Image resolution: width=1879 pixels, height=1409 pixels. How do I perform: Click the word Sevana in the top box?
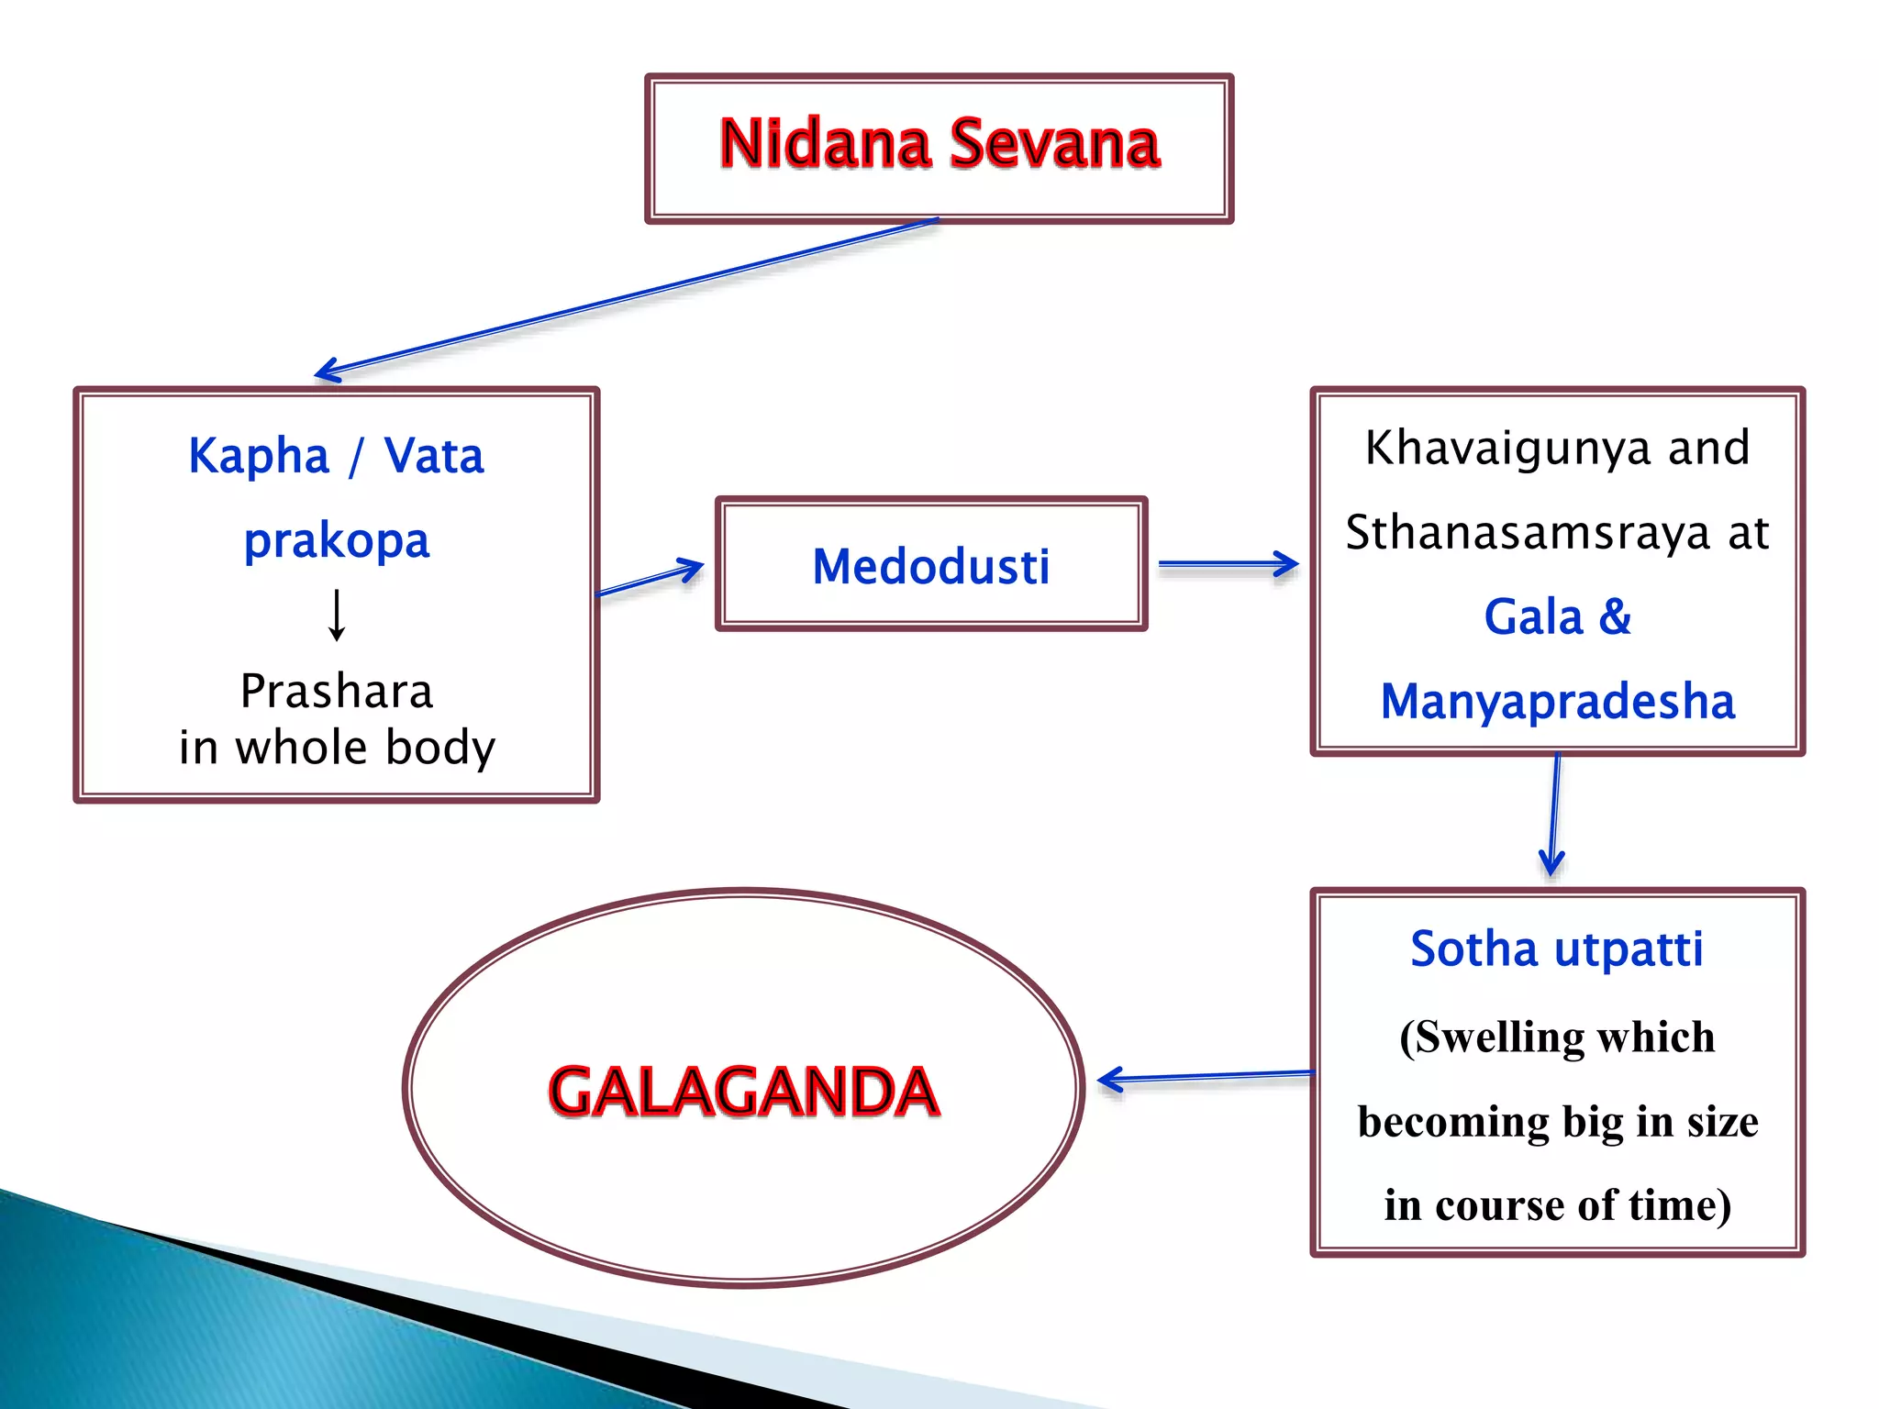pyautogui.click(x=1055, y=145)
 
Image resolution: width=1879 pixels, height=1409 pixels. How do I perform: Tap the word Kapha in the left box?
pyautogui.click(x=259, y=456)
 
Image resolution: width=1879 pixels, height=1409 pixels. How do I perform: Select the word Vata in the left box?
pyautogui.click(x=434, y=456)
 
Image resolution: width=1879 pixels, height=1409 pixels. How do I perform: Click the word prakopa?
pyautogui.click(x=337, y=540)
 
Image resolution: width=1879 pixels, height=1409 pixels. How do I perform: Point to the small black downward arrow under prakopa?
pyautogui.click(x=337, y=615)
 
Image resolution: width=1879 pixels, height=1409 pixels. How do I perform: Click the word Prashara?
pyautogui.click(x=337, y=691)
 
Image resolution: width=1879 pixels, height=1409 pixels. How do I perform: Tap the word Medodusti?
pyautogui.click(x=930, y=566)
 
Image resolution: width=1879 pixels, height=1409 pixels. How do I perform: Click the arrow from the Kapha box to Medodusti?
pyautogui.click(x=650, y=580)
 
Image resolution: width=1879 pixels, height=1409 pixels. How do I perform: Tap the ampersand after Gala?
pyautogui.click(x=1615, y=616)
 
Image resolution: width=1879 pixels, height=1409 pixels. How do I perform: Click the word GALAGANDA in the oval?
pyautogui.click(x=743, y=1092)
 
